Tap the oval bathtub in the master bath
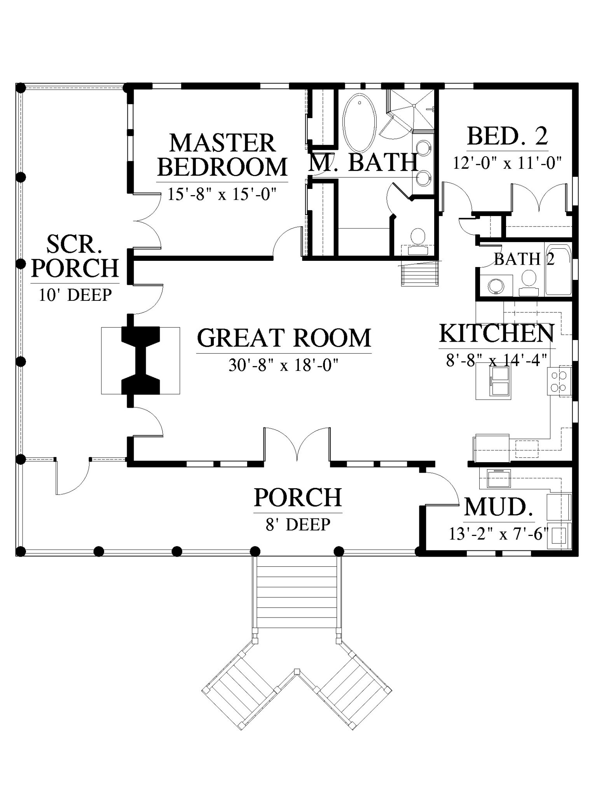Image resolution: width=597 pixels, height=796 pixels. [360, 123]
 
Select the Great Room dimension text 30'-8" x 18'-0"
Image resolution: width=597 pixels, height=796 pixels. [284, 365]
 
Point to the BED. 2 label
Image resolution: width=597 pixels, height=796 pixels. [508, 136]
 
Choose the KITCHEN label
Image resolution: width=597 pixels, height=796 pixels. [497, 333]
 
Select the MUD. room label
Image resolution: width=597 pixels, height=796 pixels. [499, 507]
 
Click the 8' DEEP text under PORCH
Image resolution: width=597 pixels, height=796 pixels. [298, 524]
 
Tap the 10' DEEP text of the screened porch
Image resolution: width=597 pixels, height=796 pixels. [75, 295]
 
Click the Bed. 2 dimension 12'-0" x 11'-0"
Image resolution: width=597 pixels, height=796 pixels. [508, 162]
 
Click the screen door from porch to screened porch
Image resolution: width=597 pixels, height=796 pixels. [73, 477]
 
